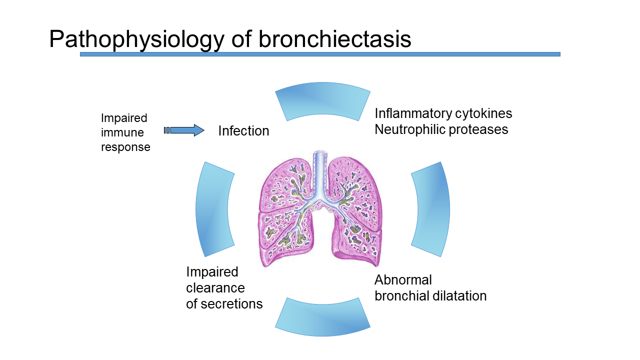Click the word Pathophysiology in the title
(x=137, y=39)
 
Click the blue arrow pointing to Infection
(x=184, y=130)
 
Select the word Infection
(x=243, y=131)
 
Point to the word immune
(x=122, y=132)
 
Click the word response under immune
(x=125, y=147)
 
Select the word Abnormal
(x=403, y=279)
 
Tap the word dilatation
(x=459, y=295)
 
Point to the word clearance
(x=215, y=288)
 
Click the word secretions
(x=231, y=304)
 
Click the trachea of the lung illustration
(x=320, y=174)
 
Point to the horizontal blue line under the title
(x=320, y=54)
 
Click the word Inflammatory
(x=413, y=113)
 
